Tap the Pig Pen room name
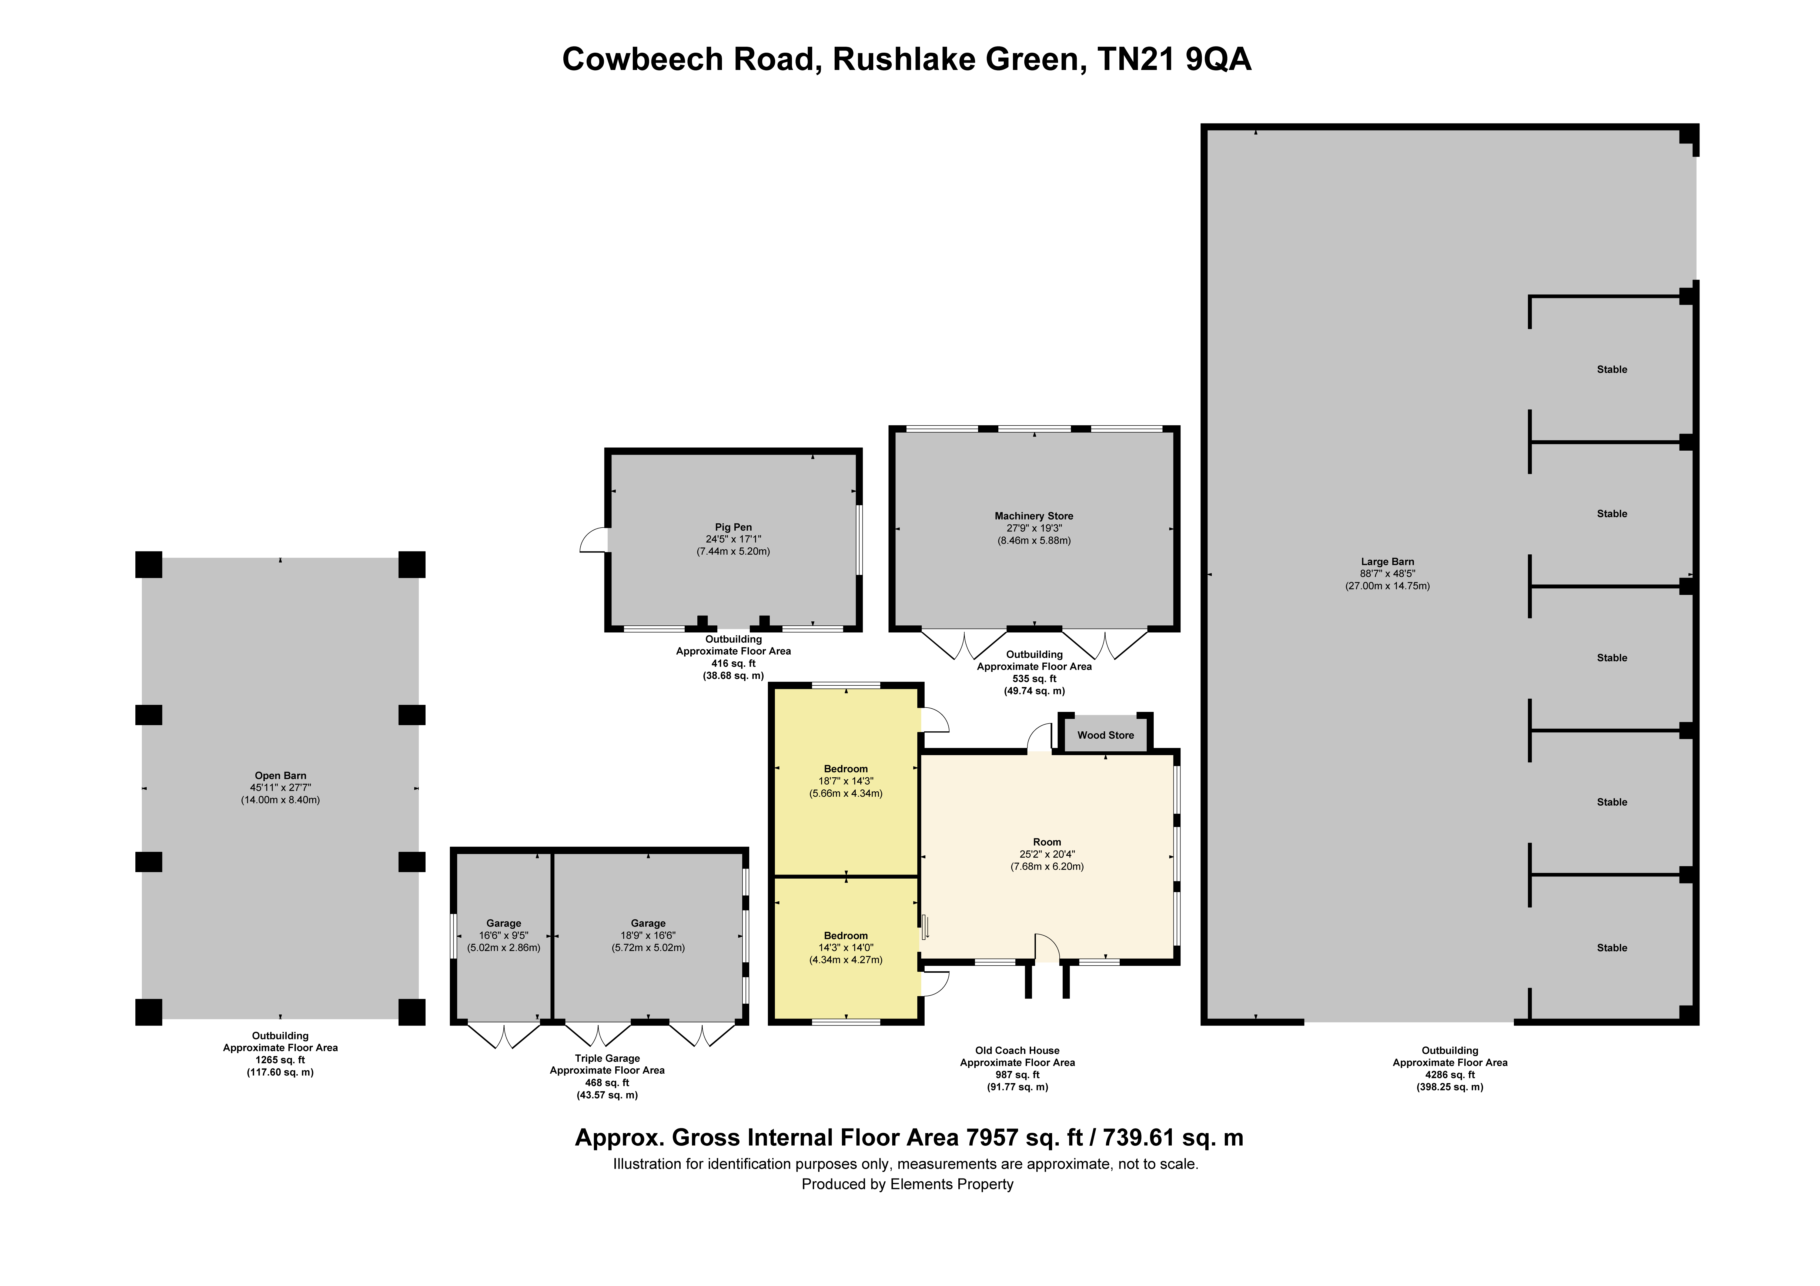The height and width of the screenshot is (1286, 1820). (733, 527)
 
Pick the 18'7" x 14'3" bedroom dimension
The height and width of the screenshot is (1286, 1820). (846, 781)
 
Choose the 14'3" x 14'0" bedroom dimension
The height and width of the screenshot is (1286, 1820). (846, 947)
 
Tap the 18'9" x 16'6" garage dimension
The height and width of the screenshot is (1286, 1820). (648, 936)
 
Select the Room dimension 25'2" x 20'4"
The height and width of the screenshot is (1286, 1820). (1047, 855)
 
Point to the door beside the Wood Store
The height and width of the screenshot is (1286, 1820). (1039, 739)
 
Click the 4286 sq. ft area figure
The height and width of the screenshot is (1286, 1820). (1450, 1075)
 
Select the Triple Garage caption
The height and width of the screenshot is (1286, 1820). (607, 1059)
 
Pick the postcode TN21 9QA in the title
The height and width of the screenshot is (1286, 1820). (1175, 59)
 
